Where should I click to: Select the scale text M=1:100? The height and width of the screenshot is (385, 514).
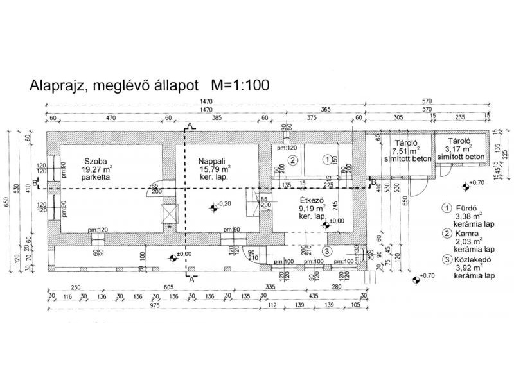click(x=235, y=84)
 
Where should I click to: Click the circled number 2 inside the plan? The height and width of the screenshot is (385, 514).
click(x=292, y=160)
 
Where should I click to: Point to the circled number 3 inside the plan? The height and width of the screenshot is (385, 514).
click(x=327, y=251)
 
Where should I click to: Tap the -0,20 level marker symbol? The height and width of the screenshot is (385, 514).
click(x=213, y=206)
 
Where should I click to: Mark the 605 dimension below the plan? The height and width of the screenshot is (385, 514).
click(x=169, y=288)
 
